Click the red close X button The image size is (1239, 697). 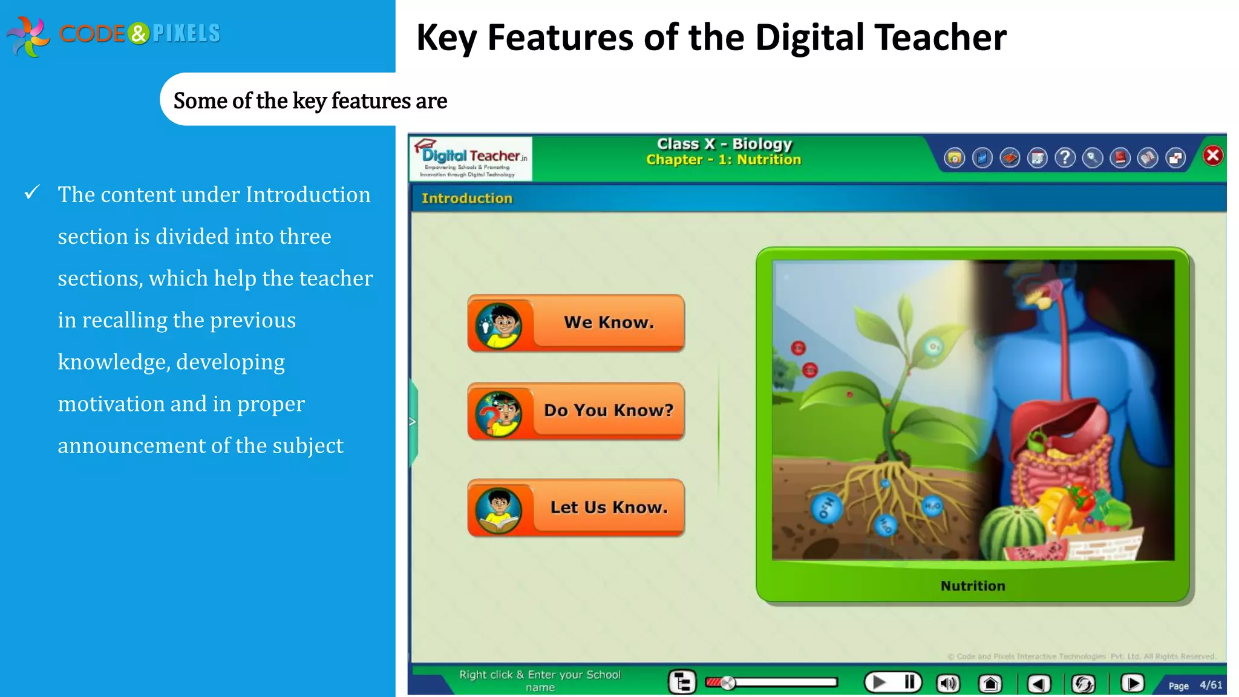click(x=1212, y=156)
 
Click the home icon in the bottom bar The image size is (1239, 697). click(x=990, y=684)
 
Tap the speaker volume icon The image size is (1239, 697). click(x=948, y=684)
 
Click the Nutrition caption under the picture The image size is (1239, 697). click(x=973, y=586)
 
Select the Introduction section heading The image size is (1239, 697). click(x=466, y=198)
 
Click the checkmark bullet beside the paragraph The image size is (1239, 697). click(x=32, y=193)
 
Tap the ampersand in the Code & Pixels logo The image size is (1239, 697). click(x=139, y=33)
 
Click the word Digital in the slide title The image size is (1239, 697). click(x=809, y=38)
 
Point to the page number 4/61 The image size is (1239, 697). click(x=1211, y=685)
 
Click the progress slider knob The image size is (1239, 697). click(x=728, y=683)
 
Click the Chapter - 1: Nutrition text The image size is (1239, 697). click(x=724, y=160)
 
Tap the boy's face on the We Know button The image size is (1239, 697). click(x=500, y=324)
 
